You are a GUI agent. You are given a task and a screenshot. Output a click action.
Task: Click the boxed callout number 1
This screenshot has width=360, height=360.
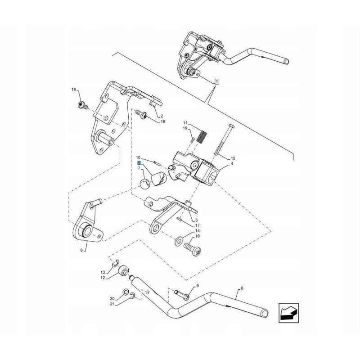point(217,82)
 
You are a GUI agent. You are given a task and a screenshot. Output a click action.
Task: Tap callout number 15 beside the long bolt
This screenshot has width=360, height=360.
point(233,158)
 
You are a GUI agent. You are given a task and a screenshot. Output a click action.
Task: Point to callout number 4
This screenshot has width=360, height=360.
point(231,164)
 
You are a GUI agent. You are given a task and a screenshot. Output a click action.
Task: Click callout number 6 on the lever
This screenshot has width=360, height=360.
point(242,288)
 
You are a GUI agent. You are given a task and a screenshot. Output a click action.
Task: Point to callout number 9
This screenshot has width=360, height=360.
point(197,286)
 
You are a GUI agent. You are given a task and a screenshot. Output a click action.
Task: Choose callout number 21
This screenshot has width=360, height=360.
point(112,304)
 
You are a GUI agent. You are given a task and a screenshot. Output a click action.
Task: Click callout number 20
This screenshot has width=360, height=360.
point(112,298)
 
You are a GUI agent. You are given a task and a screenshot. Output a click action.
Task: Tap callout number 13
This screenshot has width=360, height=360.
point(103,272)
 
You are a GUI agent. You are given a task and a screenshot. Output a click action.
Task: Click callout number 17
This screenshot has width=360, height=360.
point(197,225)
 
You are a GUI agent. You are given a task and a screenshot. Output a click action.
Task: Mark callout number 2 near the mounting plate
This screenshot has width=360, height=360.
point(161,116)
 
